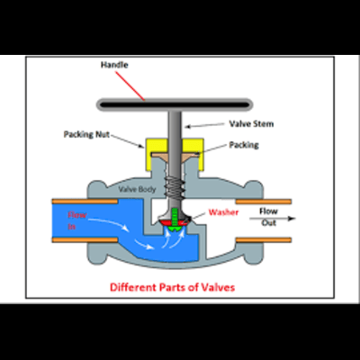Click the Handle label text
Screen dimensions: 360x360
coord(114,65)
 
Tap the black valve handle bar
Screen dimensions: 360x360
coord(175,105)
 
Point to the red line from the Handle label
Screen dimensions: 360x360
coord(130,85)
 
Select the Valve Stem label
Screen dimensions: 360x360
coord(251,123)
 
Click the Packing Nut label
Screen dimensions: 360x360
coord(86,134)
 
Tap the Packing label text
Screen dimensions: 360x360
coord(244,145)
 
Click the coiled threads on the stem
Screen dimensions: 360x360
coord(175,186)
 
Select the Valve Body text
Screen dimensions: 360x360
coord(137,189)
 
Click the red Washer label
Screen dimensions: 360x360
coord(223,212)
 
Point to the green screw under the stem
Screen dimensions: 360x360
coord(175,220)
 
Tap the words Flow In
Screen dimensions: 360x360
coord(76,220)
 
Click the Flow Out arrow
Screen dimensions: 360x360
coord(273,219)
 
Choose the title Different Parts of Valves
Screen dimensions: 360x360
coord(172,287)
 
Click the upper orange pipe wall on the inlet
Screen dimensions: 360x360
coord(85,202)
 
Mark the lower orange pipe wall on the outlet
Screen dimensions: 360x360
coord(264,239)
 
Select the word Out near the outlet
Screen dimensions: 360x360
coord(268,223)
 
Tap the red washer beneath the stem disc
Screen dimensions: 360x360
coord(175,222)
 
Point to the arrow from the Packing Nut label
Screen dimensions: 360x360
coord(128,141)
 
